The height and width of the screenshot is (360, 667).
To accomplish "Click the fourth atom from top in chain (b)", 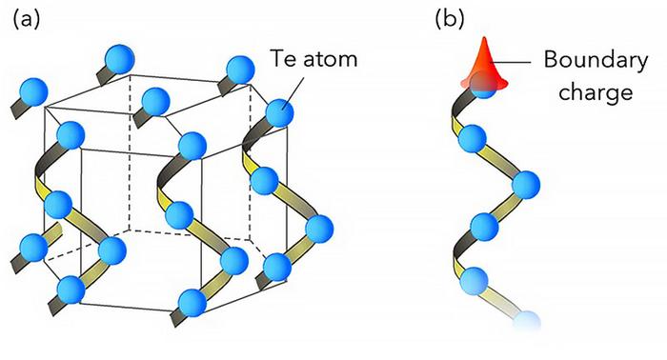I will (x=483, y=229).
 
